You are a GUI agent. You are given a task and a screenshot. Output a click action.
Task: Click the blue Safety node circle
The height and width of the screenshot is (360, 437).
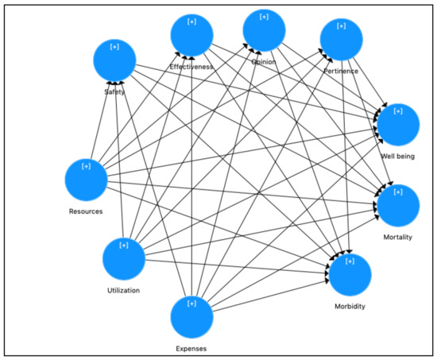pyautogui.click(x=114, y=60)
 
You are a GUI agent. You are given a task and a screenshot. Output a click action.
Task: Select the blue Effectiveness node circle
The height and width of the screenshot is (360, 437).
pyautogui.click(x=191, y=35)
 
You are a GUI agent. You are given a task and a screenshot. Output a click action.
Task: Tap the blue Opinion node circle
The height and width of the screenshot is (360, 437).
pyautogui.click(x=265, y=30)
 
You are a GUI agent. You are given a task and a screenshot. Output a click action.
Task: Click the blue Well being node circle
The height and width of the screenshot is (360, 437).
pyautogui.click(x=397, y=123)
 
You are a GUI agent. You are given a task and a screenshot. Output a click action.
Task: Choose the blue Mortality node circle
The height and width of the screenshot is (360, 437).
pyautogui.click(x=397, y=205)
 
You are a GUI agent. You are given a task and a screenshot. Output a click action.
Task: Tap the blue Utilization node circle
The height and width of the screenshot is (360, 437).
pyautogui.click(x=125, y=259)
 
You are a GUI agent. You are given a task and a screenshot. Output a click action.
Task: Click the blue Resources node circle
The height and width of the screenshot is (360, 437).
pyautogui.click(x=86, y=180)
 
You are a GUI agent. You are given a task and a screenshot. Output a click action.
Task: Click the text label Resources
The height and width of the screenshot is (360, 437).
pyautogui.click(x=86, y=211)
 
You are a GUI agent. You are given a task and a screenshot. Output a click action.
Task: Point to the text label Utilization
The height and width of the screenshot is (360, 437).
pyautogui.click(x=122, y=290)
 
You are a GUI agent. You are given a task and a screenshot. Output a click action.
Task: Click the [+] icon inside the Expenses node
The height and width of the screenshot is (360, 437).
pyautogui.click(x=192, y=303)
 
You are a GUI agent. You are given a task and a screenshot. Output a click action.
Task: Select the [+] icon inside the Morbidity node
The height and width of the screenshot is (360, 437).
pyautogui.click(x=350, y=260)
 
